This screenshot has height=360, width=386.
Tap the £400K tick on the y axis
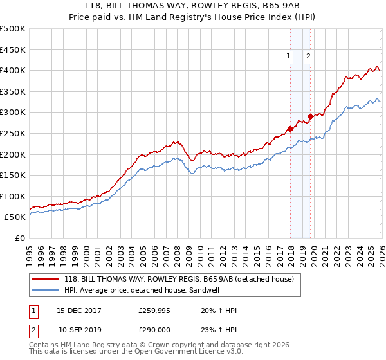[x=13, y=71]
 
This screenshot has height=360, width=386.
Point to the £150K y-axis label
[x=13, y=175]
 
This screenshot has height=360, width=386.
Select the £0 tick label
[x=19, y=238]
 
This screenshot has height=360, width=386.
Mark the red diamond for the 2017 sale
[x=290, y=129]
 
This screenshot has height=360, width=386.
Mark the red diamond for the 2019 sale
[x=310, y=116]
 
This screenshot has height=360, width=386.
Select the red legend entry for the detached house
[x=179, y=279]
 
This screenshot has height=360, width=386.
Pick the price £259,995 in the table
[x=154, y=310]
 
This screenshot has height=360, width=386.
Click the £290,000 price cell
[x=154, y=330]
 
